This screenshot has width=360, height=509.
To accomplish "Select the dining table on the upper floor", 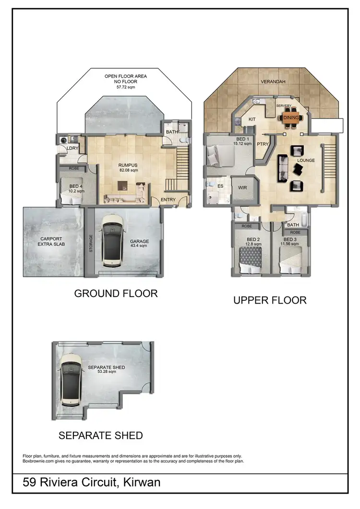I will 291,118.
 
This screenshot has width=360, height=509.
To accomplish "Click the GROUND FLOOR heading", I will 116,294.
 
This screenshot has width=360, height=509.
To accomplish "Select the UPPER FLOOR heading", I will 270,300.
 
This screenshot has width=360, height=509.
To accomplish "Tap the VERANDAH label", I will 273,82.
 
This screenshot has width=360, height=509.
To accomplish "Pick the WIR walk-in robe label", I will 242,188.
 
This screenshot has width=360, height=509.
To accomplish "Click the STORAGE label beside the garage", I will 91,243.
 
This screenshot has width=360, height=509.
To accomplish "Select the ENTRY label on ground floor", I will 168,200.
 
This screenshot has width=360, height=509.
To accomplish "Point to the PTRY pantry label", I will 262,143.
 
